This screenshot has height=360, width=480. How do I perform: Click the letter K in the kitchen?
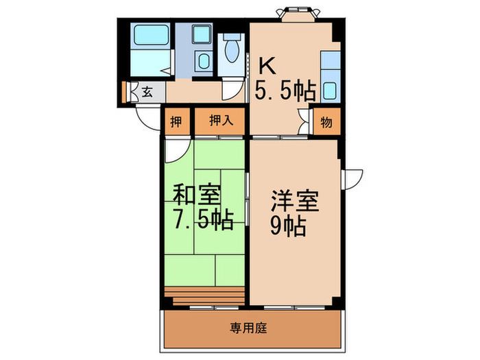[267, 67]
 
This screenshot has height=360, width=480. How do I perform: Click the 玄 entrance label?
[147, 91]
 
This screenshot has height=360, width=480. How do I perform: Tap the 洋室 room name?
[295, 202]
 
